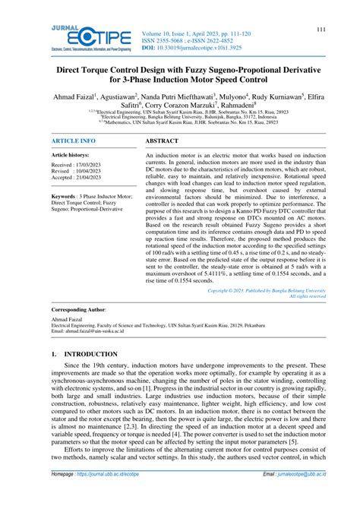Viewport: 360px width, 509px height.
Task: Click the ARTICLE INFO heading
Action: (74, 141)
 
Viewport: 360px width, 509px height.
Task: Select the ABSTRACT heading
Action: (162, 141)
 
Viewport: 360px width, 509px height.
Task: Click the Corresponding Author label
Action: (79, 311)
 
